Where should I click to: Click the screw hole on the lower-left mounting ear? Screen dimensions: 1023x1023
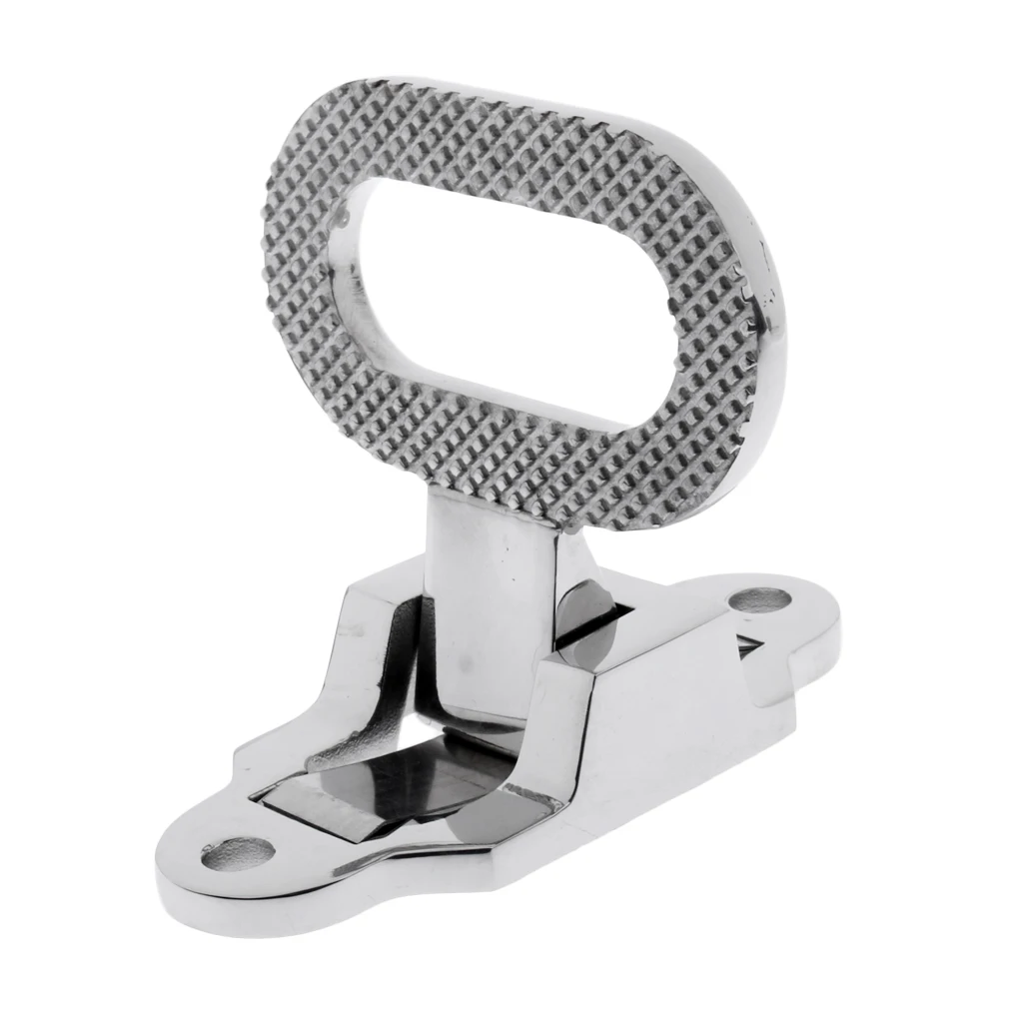coord(237,853)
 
